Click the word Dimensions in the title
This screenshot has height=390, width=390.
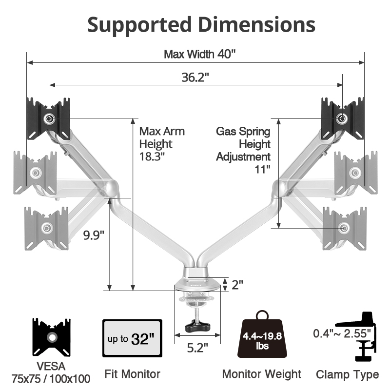[x=257, y=24]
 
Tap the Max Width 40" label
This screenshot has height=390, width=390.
[x=199, y=54]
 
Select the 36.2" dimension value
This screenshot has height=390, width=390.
[x=195, y=77]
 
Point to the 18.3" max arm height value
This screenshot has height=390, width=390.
[x=152, y=156]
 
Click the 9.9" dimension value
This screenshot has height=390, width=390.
[x=94, y=235]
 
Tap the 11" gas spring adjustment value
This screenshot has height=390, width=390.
[x=262, y=169]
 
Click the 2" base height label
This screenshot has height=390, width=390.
[x=237, y=285]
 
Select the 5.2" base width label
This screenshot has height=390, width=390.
[x=197, y=348]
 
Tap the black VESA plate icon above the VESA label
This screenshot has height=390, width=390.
[x=52, y=337]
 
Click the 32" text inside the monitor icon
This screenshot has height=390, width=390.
[x=142, y=338]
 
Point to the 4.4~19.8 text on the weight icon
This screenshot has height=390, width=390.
[x=262, y=336]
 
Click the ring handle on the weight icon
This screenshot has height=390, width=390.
[x=262, y=315]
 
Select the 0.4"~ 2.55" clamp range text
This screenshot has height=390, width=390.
[x=342, y=333]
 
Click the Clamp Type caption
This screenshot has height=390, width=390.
[x=347, y=374]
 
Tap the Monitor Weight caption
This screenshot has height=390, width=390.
[x=262, y=374]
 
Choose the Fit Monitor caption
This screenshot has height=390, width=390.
[x=132, y=374]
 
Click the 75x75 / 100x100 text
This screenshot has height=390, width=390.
[x=51, y=379]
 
